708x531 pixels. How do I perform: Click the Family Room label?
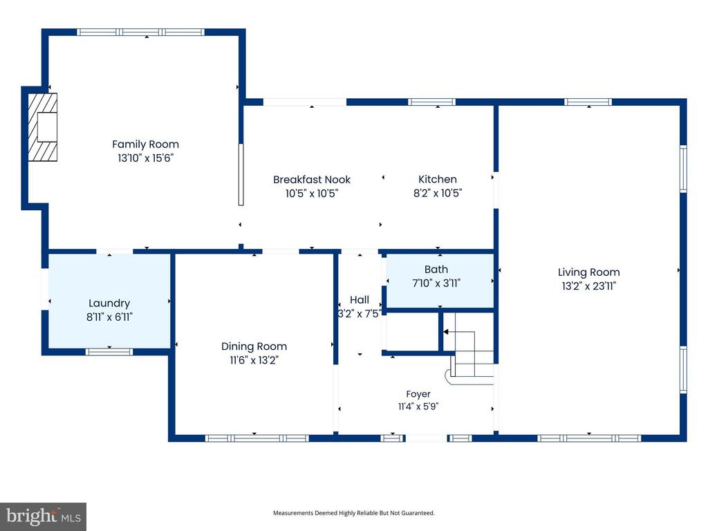(x=145, y=144)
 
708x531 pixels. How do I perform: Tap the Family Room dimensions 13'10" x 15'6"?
(x=145, y=158)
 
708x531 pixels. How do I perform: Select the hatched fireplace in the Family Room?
(x=43, y=127)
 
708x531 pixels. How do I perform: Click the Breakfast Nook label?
(x=312, y=179)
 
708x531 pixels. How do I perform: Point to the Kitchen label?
(x=438, y=179)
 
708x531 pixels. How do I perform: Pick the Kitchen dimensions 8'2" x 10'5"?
(x=438, y=194)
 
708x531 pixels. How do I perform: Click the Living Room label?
(x=589, y=272)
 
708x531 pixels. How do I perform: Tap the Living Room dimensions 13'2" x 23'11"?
(x=589, y=286)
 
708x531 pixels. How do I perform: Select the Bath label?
(x=436, y=270)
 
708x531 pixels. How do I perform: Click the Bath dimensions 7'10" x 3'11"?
(x=436, y=283)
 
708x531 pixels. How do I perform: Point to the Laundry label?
(x=109, y=304)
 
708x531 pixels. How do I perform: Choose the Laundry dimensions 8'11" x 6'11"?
(x=109, y=317)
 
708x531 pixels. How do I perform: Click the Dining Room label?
(x=254, y=346)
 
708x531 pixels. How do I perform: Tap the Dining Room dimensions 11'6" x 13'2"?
(x=254, y=360)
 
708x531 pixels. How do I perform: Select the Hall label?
(x=360, y=300)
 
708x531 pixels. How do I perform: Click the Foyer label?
(x=418, y=394)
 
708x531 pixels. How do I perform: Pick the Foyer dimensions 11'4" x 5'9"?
(x=418, y=407)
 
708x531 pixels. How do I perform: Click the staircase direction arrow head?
(x=446, y=332)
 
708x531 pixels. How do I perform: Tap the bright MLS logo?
(x=43, y=516)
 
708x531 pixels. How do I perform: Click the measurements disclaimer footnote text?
(x=353, y=513)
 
